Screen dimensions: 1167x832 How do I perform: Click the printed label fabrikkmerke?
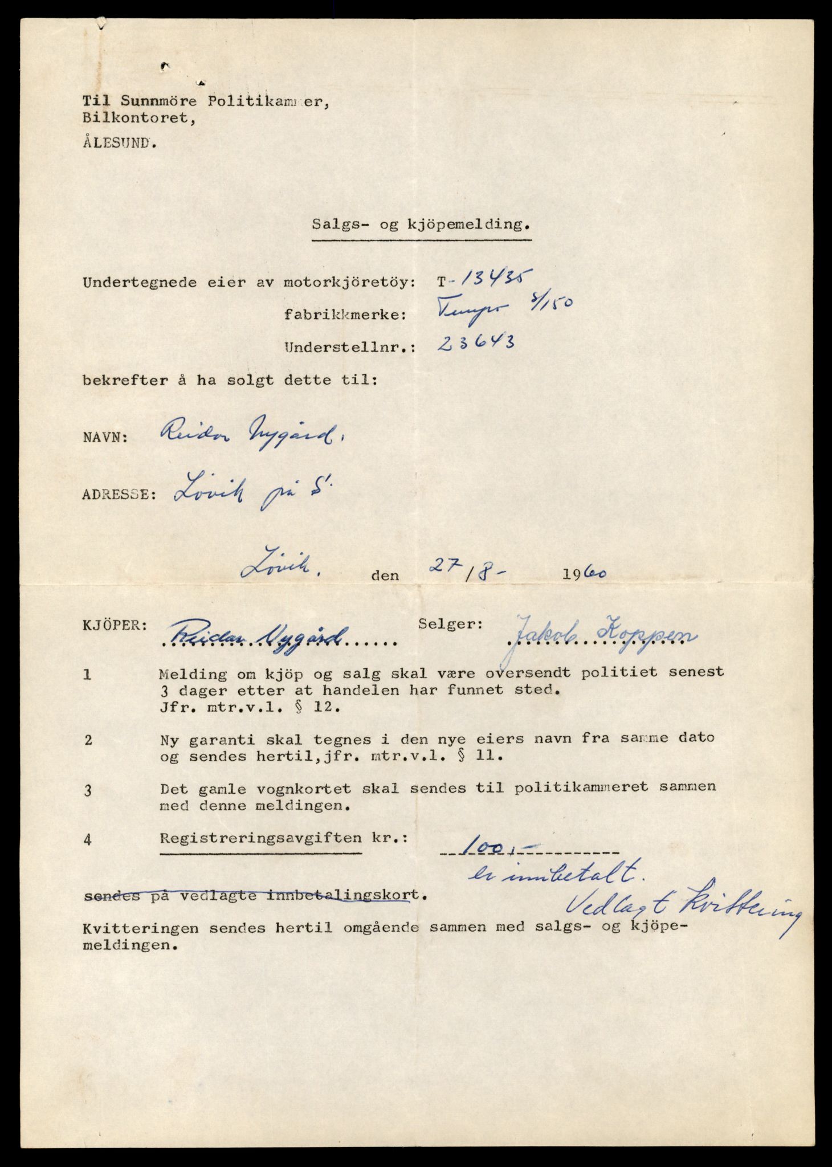345,315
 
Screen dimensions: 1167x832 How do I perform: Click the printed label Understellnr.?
345,347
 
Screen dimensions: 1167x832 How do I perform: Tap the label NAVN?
105,438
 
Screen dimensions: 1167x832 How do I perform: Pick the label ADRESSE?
119,493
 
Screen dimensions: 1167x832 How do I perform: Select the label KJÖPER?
115,625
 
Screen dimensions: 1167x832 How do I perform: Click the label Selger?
450,623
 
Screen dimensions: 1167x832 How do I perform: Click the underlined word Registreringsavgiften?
260,838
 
